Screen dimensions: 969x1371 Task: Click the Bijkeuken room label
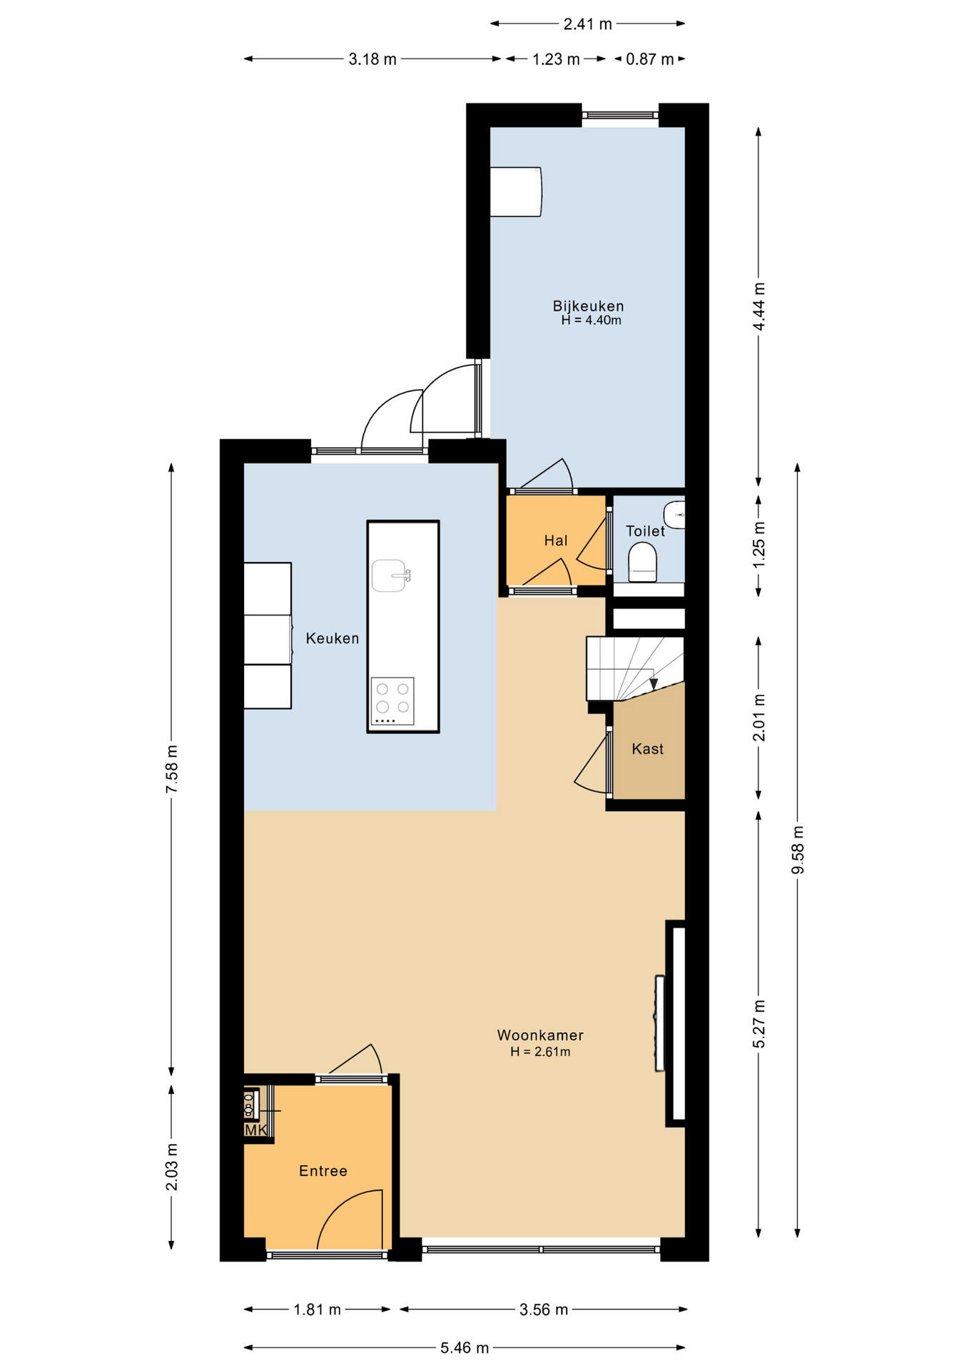pos(588,306)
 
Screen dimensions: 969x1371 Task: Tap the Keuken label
pos(333,638)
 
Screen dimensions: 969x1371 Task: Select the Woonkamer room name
pos(540,1035)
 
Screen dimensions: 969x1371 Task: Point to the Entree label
pos(323,1171)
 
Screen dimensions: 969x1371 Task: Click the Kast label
pos(648,749)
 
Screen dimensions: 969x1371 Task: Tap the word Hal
pos(556,541)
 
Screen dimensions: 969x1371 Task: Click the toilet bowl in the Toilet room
pos(642,562)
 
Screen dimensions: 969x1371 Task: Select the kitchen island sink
pos(390,576)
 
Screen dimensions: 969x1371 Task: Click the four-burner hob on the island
pos(392,700)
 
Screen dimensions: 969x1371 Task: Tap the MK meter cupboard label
pos(255,1130)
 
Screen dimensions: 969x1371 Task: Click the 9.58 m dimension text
pos(798,850)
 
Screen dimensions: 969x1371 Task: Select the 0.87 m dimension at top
pos(650,59)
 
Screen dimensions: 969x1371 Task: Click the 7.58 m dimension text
pos(172,768)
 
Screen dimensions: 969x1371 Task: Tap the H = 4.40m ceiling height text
pos(591,321)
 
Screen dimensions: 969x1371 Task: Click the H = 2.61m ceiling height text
pos(540,1052)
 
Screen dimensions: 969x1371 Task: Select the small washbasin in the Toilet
pos(674,514)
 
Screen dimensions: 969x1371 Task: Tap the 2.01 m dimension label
pos(759,717)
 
